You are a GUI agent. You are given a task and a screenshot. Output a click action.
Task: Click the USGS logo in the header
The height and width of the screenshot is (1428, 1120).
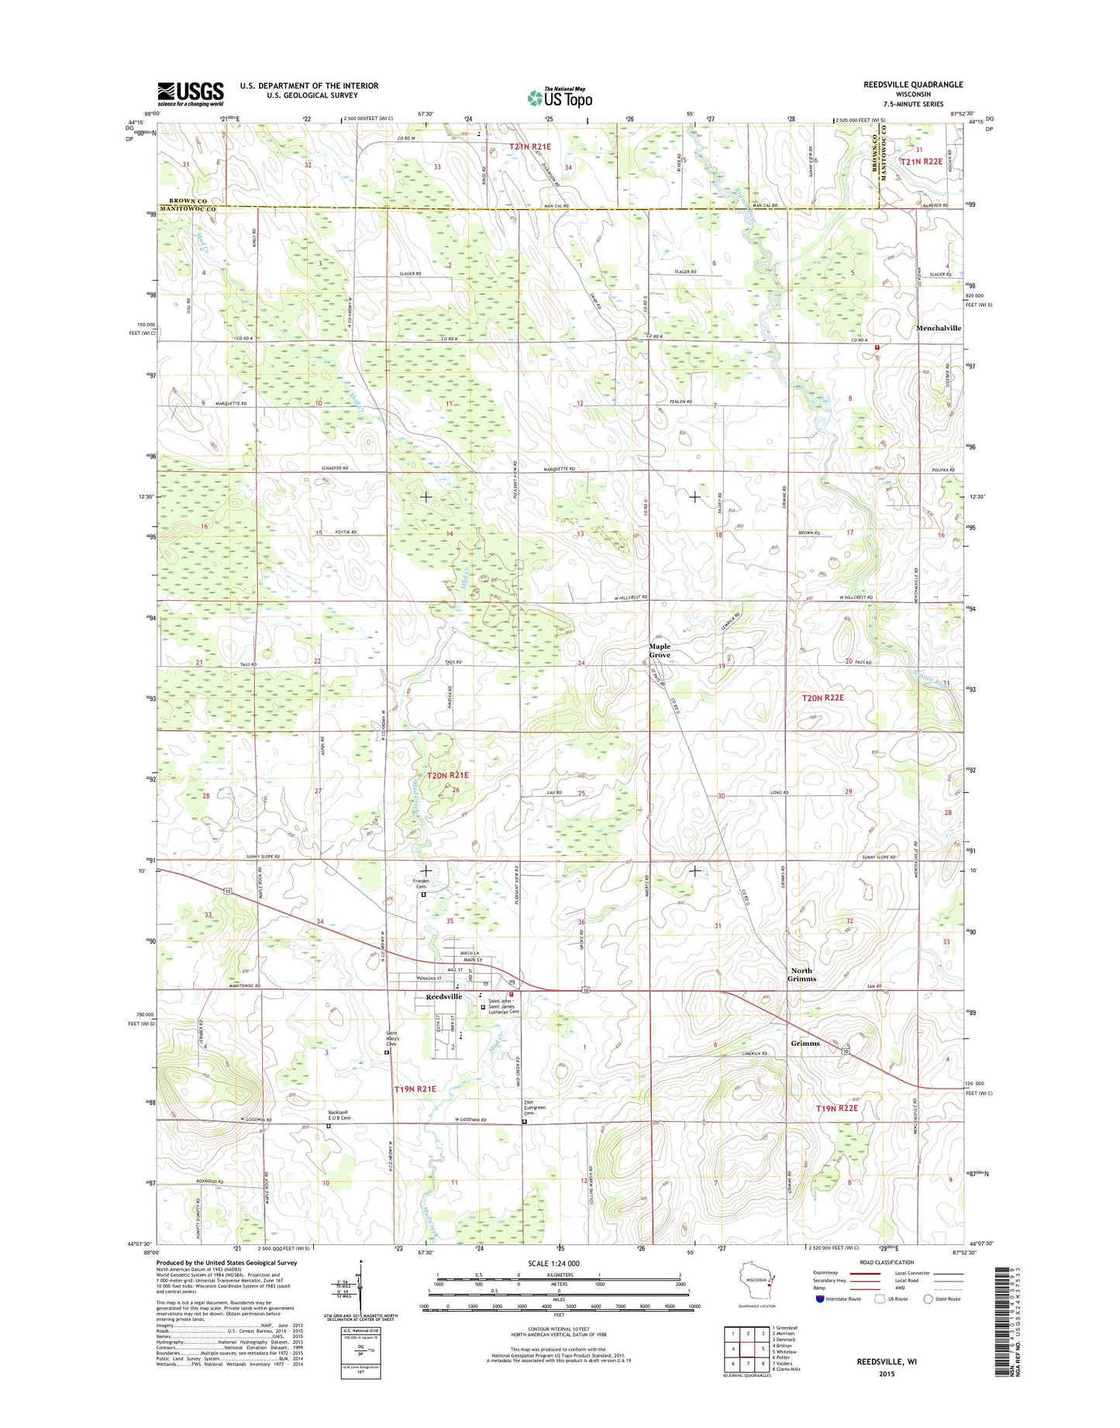(191, 94)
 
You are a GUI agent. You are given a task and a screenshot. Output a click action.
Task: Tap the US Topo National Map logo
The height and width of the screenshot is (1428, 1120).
(560, 97)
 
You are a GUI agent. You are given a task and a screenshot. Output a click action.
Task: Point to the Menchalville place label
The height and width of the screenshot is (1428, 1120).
(938, 328)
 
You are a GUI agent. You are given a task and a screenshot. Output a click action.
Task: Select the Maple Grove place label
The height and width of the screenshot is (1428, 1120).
(660, 650)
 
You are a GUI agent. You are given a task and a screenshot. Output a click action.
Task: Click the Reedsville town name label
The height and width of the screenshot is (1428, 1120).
(443, 997)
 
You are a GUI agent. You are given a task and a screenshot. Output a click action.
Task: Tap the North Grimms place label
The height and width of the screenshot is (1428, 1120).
(801, 974)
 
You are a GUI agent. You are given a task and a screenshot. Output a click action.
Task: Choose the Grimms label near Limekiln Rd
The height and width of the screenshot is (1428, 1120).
(805, 1043)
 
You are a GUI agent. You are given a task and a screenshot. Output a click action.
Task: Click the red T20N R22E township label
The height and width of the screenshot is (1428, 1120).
(822, 698)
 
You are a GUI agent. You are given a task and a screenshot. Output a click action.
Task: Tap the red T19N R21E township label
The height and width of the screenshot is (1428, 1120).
(415, 1089)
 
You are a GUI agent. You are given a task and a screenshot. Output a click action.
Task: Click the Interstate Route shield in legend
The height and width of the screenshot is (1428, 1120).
(820, 1299)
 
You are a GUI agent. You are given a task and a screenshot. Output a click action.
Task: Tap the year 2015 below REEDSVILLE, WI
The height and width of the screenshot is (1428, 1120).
(886, 1374)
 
